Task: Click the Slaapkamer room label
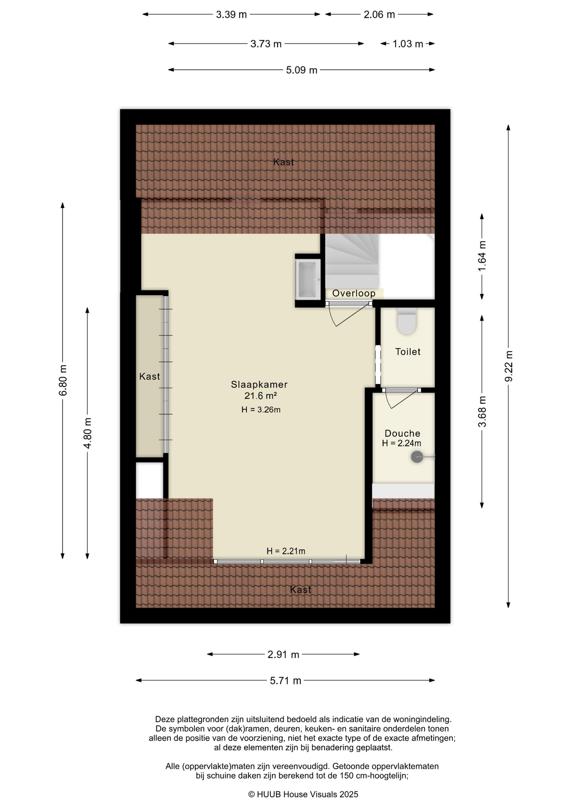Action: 259,384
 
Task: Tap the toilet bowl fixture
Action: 407,321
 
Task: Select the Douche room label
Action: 402,433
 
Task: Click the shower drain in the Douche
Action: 417,457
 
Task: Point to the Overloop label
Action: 354,293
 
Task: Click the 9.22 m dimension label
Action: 509,367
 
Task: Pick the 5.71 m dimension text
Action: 285,680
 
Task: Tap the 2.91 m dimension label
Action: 283,654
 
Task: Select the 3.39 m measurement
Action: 231,15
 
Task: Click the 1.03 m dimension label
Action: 408,44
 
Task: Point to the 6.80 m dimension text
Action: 63,380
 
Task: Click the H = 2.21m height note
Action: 286,551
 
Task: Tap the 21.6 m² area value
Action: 260,396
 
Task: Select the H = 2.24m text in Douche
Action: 402,443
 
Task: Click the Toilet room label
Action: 408,351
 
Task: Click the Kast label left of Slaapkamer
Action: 150,376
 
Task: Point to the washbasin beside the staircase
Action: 308,279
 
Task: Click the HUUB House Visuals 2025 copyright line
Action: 303,794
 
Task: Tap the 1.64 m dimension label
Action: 482,256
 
